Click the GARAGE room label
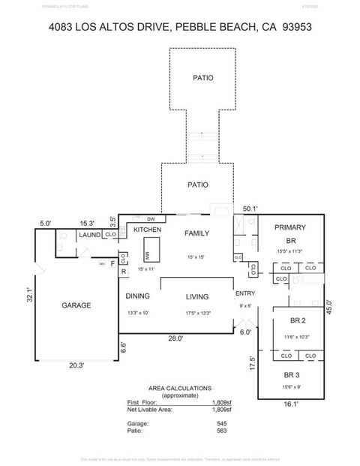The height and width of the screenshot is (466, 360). click(76, 305)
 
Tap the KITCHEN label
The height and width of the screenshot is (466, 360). click(148, 230)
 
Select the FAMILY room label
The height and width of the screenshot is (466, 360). click(196, 233)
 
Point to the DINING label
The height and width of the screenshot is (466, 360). click(138, 296)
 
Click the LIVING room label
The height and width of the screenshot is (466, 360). click(196, 296)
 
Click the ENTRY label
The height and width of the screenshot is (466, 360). click(245, 293)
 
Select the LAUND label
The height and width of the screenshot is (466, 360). click(90, 235)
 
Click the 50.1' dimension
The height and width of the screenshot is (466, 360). click(250, 209)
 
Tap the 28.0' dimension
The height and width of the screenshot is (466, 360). click(176, 338)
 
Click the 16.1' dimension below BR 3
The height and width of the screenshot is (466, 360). click(290, 404)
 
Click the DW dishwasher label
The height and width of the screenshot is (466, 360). click(151, 218)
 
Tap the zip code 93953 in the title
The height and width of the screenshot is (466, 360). click(296, 26)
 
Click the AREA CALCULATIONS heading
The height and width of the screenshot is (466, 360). click(179, 388)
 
